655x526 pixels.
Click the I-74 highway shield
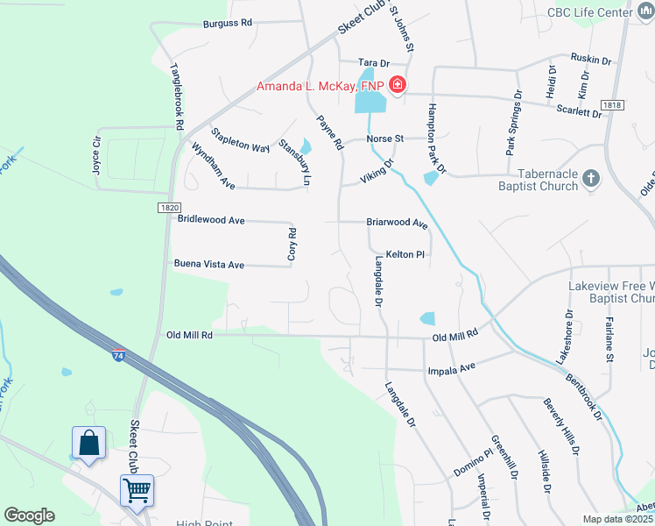(117, 355)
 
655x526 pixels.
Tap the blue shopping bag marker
(89, 443)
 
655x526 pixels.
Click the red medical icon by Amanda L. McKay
(398, 85)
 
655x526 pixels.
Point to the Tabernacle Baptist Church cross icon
(591, 179)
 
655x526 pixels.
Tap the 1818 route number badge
(613, 105)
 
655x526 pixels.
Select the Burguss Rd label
(227, 25)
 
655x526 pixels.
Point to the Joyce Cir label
(96, 154)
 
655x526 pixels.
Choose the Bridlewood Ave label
(211, 221)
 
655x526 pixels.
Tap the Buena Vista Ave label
(208, 264)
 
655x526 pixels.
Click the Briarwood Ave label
(396, 223)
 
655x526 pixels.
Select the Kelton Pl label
(405, 254)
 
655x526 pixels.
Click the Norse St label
(384, 139)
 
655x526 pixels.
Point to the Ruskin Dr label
(588, 60)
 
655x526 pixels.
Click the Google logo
(29, 515)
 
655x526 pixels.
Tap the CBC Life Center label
(589, 12)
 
